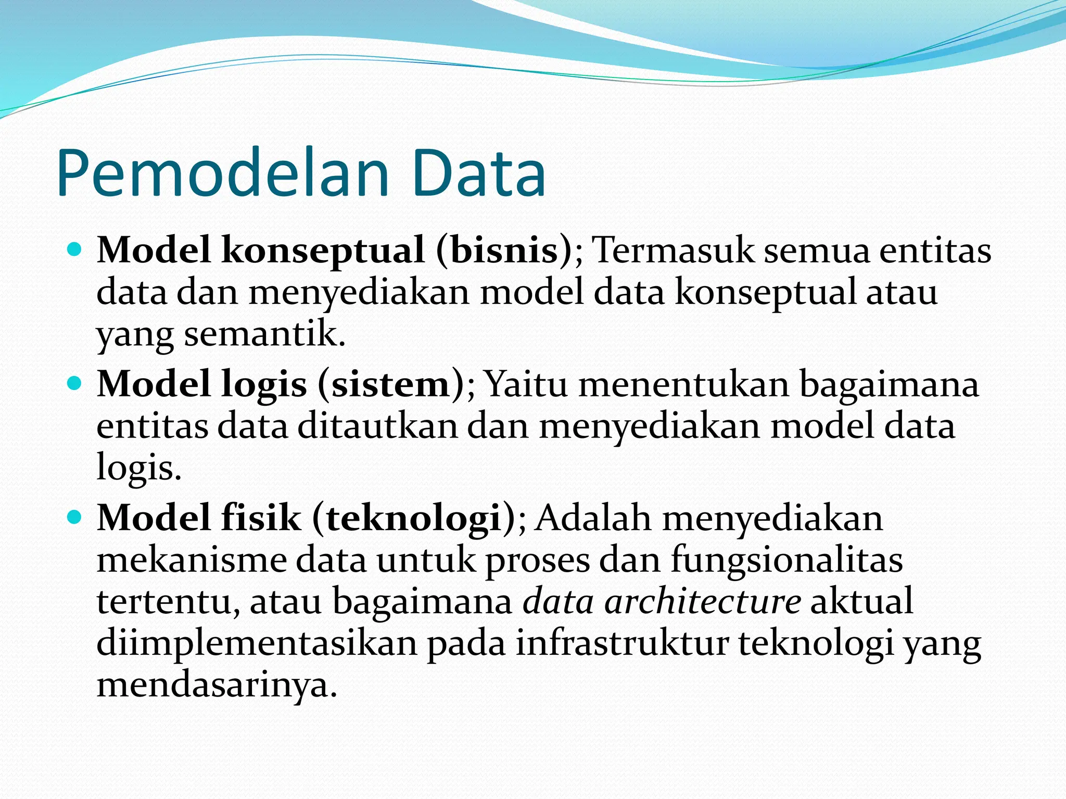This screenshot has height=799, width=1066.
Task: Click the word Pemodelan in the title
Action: point(224,174)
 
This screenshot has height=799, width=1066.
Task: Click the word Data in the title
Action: point(478,174)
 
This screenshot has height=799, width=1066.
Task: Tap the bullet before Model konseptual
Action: point(75,250)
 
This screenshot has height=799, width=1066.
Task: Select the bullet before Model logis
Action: point(75,384)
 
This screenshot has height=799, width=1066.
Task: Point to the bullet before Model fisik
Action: point(75,518)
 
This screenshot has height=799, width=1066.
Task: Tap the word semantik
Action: point(264,334)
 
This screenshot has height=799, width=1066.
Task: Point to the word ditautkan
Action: point(377,427)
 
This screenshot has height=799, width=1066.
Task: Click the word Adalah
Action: point(593,519)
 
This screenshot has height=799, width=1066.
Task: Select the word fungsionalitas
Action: point(786,561)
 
